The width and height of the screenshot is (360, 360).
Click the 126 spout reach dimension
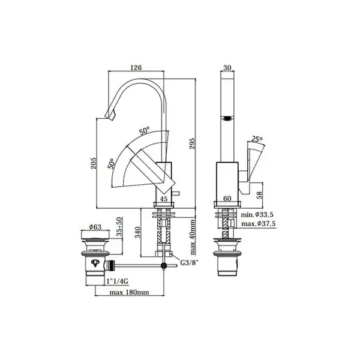coord(136,68)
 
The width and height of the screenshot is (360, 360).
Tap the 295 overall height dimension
coord(192,143)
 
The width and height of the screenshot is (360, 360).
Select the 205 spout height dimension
coord(94,163)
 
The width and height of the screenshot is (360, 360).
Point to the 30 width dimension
coord(227,68)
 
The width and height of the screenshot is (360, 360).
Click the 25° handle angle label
coord(257,139)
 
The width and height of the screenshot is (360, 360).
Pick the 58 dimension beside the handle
coord(259,195)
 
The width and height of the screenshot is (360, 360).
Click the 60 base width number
coord(227,199)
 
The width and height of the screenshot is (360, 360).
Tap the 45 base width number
coord(164,199)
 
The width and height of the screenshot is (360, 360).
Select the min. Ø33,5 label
coord(257,215)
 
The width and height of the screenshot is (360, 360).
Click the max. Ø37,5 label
coord(258,223)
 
